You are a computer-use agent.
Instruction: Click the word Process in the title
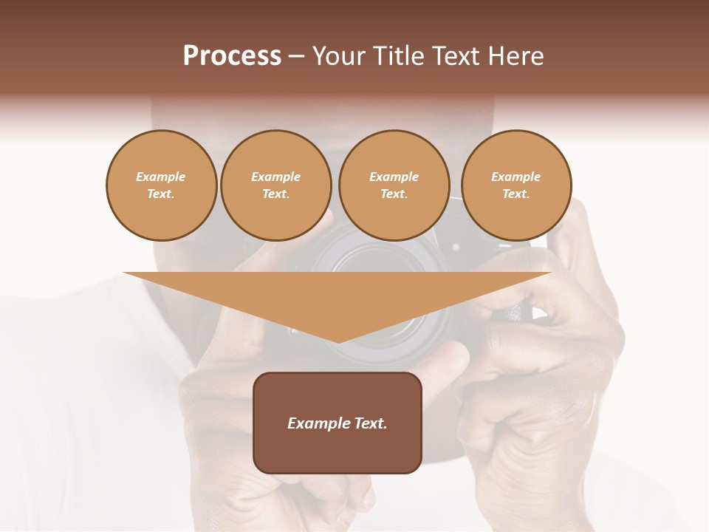tap(232, 56)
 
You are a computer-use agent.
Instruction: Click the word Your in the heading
tap(339, 56)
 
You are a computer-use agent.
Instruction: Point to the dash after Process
tap(296, 57)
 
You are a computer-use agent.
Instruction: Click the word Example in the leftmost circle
tap(161, 177)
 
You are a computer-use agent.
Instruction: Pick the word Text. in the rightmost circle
tap(516, 194)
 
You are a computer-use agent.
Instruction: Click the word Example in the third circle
tap(394, 177)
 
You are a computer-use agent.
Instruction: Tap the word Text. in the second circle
tap(275, 194)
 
